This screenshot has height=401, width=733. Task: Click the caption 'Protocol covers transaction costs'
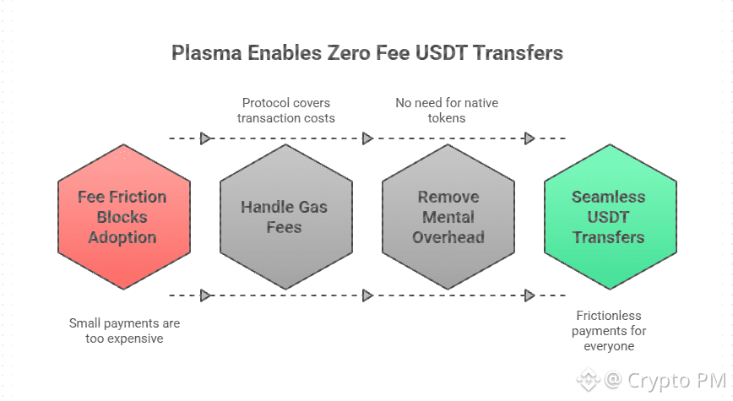285,111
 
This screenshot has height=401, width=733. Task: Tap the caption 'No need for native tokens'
447,111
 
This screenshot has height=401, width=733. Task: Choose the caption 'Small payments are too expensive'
124,331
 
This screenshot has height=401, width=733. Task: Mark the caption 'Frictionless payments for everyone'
609,330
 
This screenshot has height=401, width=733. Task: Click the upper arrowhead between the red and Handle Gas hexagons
205,138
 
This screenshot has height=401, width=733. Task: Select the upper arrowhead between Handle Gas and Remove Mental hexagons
367,138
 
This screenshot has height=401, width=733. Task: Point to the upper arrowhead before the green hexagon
529,138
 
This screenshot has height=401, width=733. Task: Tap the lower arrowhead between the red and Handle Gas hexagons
205,295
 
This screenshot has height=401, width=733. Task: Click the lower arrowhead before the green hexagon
529,295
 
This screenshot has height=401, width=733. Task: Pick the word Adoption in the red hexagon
122,237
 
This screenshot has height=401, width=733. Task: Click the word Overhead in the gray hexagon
448,237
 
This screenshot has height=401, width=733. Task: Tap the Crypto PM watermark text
676,381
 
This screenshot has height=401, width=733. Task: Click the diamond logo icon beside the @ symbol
587,381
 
